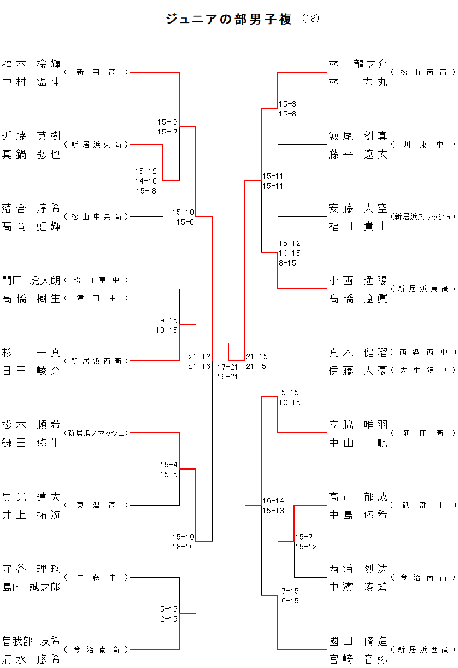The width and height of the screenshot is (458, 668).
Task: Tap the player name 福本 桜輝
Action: point(31,64)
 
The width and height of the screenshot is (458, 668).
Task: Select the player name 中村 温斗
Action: point(31,82)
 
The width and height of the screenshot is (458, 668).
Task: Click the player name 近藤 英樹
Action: point(31,136)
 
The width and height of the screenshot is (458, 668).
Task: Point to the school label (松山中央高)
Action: point(96,217)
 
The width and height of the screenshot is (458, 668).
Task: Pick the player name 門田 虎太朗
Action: point(31,280)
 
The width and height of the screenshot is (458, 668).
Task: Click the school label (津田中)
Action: point(96,298)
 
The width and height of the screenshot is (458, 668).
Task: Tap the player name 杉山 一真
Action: point(31,353)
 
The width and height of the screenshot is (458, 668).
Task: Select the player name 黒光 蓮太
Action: point(31,497)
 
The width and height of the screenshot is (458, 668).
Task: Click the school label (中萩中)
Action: point(96,577)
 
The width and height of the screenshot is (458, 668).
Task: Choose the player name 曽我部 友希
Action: point(31,641)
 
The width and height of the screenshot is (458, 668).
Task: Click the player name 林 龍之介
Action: point(358,64)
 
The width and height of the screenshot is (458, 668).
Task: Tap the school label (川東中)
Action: point(423,145)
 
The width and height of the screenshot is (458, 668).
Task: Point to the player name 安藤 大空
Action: point(358,208)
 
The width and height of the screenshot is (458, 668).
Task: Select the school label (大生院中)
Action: point(423,371)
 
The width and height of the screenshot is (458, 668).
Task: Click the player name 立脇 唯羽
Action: point(358,425)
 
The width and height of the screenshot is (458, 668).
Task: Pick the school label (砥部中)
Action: point(423,506)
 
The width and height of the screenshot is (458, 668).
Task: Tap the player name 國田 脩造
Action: point(358,641)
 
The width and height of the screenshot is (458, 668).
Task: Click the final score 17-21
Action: point(227,367)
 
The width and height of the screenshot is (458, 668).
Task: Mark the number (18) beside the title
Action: point(310,19)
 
